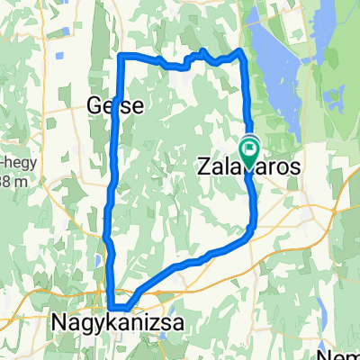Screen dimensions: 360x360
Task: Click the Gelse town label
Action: (x=114, y=105)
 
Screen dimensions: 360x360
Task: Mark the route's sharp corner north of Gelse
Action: (x=120, y=58)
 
